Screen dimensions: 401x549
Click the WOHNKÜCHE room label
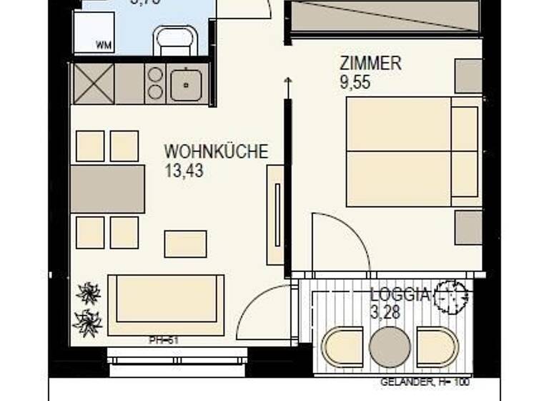[x=216, y=153]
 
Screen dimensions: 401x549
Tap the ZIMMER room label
[x=370, y=64]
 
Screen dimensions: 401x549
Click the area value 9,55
[x=355, y=82]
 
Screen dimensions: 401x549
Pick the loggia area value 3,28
[x=385, y=312]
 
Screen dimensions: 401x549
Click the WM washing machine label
[x=104, y=44]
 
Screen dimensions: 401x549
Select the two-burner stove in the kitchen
[x=155, y=83]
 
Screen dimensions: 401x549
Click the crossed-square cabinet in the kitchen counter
[x=93, y=84]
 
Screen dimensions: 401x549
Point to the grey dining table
[x=108, y=189]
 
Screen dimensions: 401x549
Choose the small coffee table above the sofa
[x=185, y=243]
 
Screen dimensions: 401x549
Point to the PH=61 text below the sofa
[x=162, y=340]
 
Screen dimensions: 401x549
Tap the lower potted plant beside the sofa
[x=89, y=322]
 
